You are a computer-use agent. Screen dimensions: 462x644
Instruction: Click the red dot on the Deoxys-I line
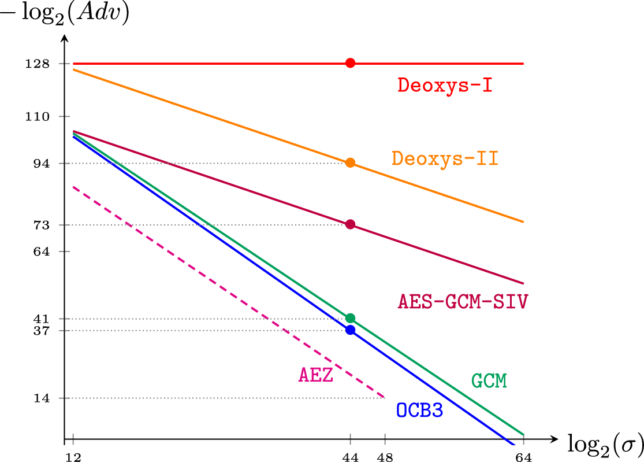350,63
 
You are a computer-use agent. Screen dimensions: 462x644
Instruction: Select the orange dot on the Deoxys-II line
350,163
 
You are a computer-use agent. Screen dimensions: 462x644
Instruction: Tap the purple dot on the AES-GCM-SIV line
350,224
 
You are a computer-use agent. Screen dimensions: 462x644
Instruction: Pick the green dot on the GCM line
350,318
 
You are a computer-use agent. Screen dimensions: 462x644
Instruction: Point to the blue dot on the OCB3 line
350,330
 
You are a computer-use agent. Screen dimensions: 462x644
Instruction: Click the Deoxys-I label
445,86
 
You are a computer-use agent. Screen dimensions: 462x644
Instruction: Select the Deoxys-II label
445,158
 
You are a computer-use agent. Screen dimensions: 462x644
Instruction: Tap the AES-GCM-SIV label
463,301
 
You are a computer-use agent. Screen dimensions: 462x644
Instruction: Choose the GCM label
489,380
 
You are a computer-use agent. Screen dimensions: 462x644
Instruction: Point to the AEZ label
315,375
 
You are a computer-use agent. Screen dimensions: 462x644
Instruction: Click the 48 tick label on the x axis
385,457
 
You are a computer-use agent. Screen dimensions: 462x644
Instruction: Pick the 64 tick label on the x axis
523,457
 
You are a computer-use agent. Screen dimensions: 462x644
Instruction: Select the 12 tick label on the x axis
73,457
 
